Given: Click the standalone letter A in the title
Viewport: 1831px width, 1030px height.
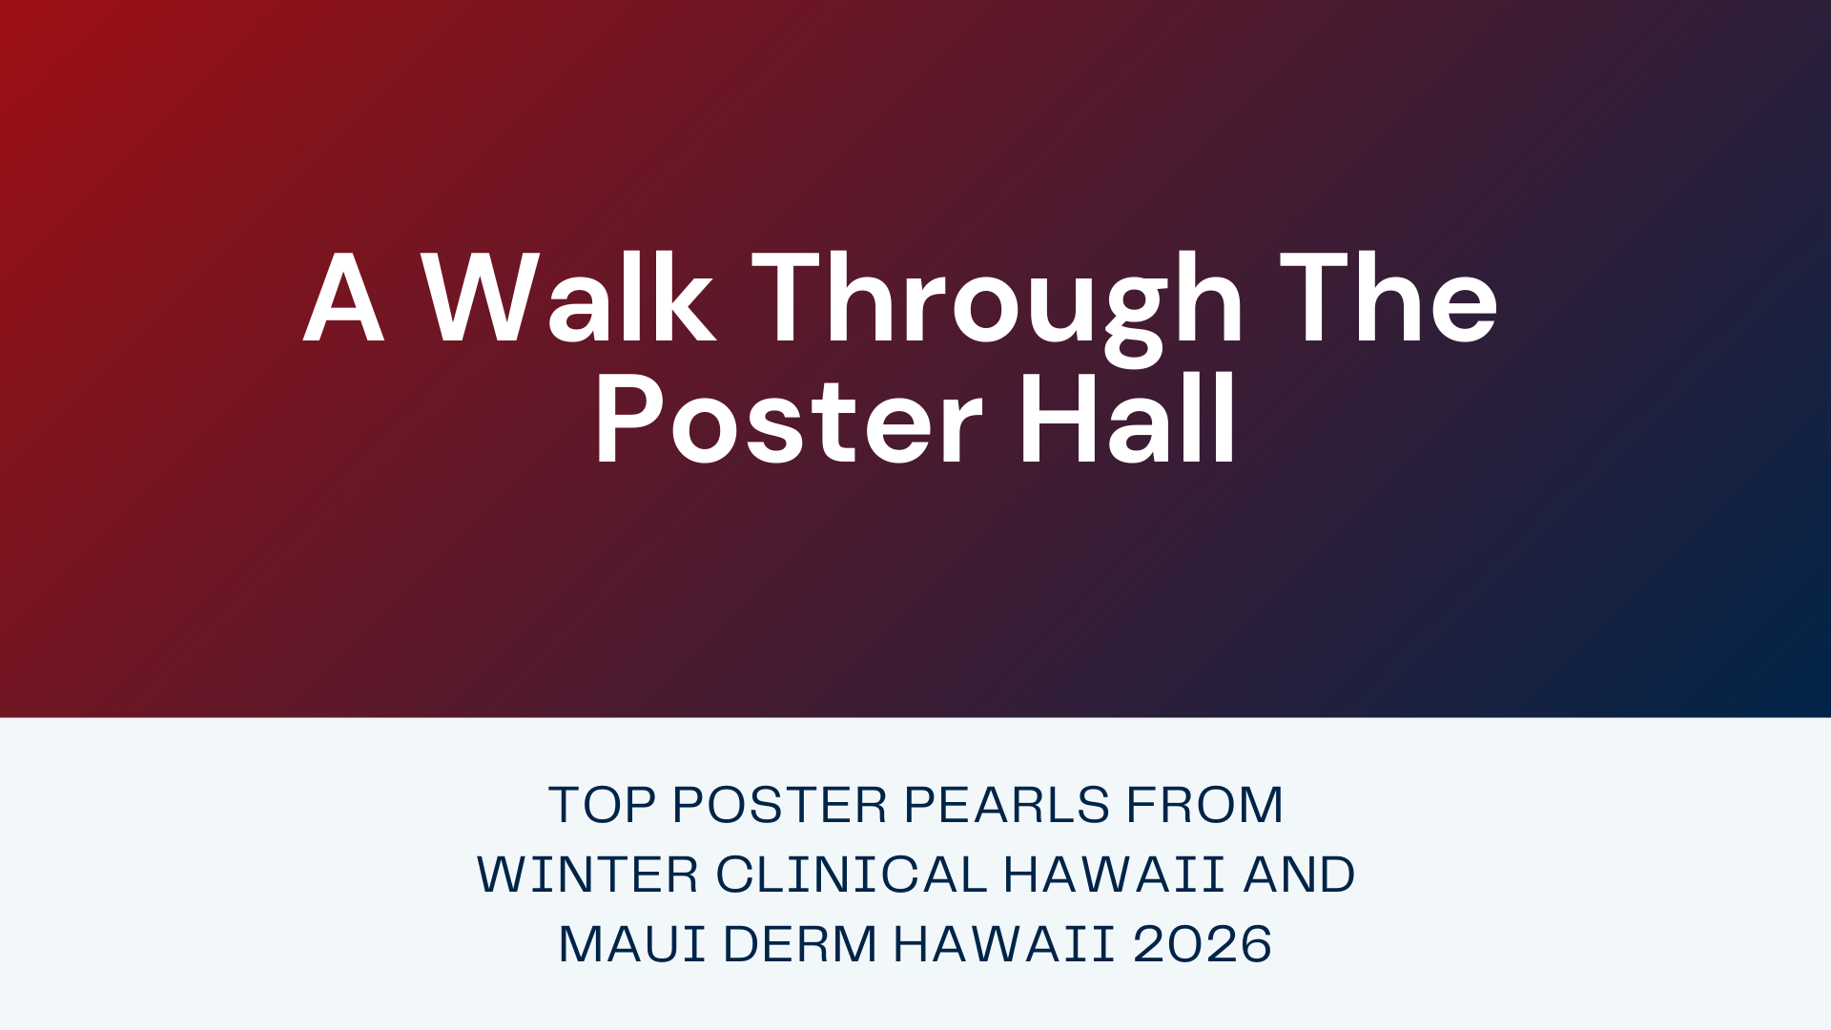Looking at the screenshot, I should point(344,299).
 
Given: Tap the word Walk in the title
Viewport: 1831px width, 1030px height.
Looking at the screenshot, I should point(569,299).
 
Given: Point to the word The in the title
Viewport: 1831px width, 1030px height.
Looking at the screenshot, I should point(1389,299).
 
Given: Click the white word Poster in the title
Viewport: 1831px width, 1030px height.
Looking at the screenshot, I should point(788,421).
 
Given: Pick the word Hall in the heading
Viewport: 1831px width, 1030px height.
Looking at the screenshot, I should point(1128,421).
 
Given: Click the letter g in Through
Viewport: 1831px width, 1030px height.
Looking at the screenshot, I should point(1135,315).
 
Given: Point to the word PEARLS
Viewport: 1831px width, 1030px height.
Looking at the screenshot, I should point(1007,805).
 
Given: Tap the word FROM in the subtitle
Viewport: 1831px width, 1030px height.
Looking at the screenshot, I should point(1205,805).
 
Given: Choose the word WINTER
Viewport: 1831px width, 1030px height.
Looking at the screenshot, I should point(588,875).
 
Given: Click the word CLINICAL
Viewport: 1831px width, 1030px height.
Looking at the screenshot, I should point(852,875).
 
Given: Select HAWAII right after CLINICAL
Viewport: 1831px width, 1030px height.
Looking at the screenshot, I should point(1114,875).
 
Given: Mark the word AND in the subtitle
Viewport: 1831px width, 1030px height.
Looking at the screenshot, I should point(1299,875).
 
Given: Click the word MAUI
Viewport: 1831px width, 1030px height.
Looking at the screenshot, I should point(631,944).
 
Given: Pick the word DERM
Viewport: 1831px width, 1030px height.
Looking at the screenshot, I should point(799,944).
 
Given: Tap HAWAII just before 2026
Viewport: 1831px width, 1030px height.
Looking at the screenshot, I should point(1004,944).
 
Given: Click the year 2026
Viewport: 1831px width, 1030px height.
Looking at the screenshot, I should point(1203,944).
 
